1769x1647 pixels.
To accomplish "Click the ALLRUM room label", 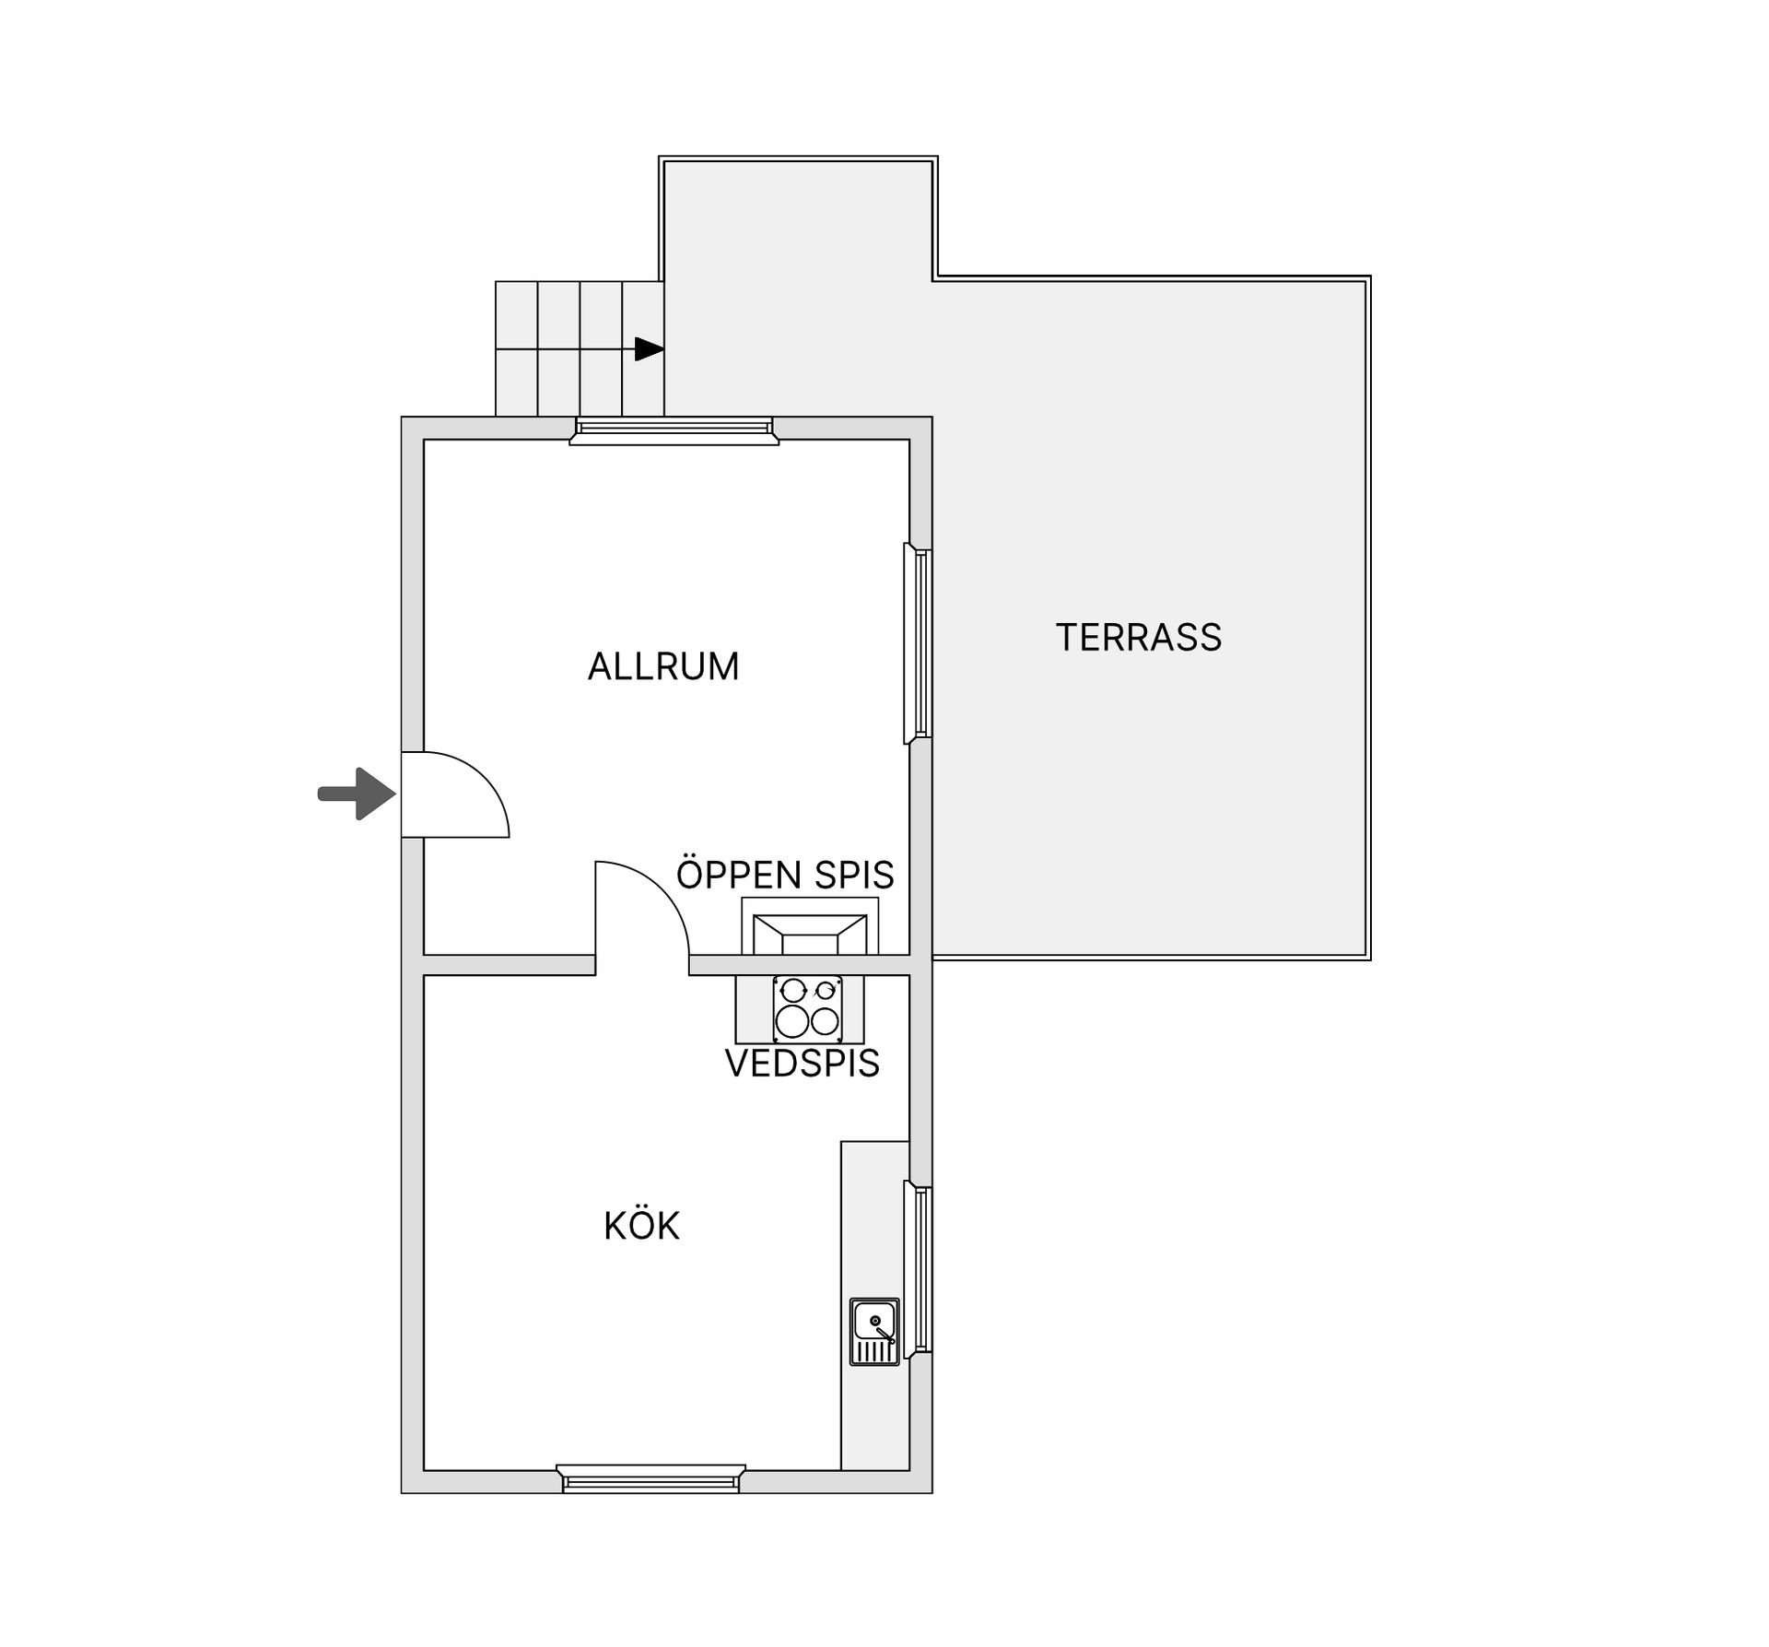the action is [x=663, y=666].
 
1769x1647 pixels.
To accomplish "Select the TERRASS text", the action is [x=1139, y=638].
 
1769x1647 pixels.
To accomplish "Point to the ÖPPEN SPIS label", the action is [x=785, y=873].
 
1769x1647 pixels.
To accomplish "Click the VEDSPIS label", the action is [x=802, y=1064].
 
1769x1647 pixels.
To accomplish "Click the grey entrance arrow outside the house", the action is [x=357, y=794].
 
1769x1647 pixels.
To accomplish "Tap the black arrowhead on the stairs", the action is [x=650, y=349].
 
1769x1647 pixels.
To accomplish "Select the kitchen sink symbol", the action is [x=874, y=1332].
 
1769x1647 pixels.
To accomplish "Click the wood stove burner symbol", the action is [x=807, y=1009].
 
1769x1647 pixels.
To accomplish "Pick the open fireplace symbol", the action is [x=810, y=926].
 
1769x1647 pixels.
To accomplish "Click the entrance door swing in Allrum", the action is [x=455, y=794].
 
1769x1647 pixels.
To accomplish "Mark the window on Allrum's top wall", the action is [x=674, y=430].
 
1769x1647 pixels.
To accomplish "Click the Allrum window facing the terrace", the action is [x=918, y=642].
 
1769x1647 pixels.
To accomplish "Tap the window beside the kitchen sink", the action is [x=918, y=1270].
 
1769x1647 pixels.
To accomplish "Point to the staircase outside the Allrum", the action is [x=580, y=349].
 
